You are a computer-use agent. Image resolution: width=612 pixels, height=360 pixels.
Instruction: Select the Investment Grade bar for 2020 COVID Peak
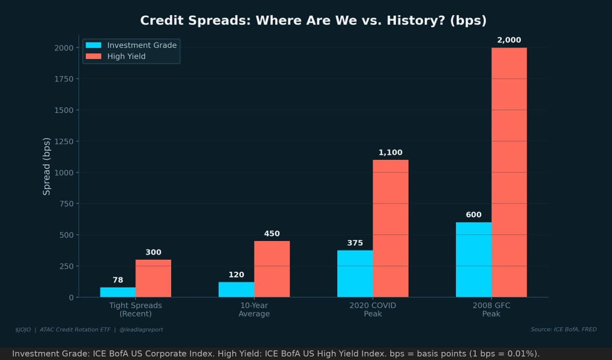click(x=355, y=273)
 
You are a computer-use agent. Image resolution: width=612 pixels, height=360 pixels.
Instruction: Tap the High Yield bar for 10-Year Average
click(x=272, y=269)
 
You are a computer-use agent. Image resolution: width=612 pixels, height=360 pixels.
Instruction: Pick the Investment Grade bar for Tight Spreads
click(x=118, y=292)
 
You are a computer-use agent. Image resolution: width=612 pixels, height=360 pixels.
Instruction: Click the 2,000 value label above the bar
click(x=509, y=40)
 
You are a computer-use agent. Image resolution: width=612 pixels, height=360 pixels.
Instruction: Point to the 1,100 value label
click(x=390, y=152)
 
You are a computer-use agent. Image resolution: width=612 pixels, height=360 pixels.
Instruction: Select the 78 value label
click(x=118, y=279)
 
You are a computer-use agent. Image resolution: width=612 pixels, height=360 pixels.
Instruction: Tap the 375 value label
click(x=355, y=243)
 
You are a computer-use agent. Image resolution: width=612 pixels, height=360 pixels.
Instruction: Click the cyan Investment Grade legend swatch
click(x=94, y=45)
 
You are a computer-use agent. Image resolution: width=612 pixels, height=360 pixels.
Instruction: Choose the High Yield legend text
click(x=126, y=56)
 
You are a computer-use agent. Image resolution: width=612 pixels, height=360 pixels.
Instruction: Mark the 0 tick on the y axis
click(x=71, y=297)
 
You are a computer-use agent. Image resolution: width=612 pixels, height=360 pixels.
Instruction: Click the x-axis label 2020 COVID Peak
click(x=372, y=310)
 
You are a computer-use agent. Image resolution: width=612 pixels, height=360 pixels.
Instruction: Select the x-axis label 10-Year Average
click(x=254, y=310)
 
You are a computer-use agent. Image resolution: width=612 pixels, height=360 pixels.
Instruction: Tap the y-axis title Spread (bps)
click(x=46, y=166)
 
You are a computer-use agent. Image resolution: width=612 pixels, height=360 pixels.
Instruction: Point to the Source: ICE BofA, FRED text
click(x=563, y=329)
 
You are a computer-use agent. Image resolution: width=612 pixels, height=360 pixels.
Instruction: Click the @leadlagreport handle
click(x=141, y=329)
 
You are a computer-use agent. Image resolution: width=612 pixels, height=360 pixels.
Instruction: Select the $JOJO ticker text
click(x=23, y=329)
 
